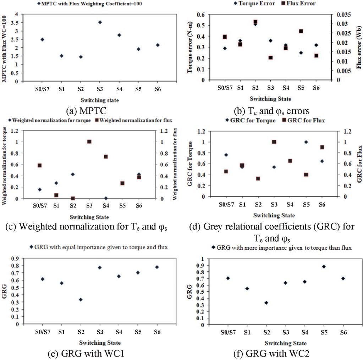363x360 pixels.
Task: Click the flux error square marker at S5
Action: click(301, 31)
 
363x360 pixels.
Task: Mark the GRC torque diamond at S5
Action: click(306, 142)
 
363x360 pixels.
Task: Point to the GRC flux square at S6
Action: click(322, 147)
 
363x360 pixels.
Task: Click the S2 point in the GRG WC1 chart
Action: click(81, 300)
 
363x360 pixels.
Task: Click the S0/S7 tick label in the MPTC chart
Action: click(43, 89)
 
